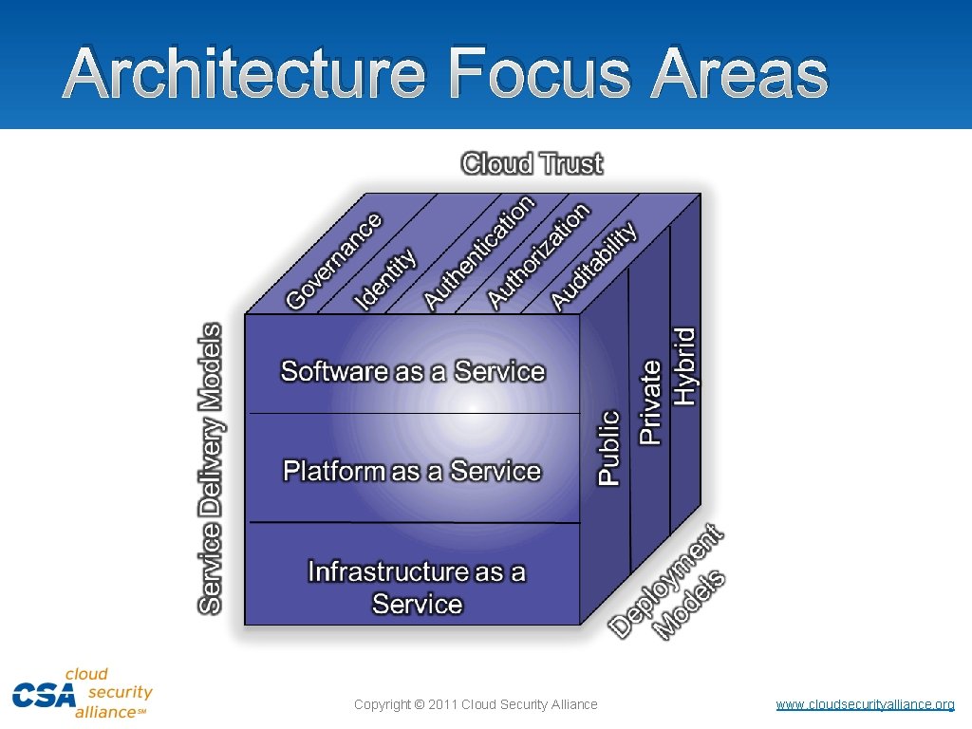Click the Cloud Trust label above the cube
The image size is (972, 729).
532,163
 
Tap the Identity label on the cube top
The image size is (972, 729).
385,279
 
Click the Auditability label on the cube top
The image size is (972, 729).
593,267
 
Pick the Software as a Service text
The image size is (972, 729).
413,371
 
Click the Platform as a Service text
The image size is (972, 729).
412,471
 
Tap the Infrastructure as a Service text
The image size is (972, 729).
417,588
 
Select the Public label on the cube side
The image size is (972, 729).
608,448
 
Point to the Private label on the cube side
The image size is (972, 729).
650,402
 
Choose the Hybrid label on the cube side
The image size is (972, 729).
684,366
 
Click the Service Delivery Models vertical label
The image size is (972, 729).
211,468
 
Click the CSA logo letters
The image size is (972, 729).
44,695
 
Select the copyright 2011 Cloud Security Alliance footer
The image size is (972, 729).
476,704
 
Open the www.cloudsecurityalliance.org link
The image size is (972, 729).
865,704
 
